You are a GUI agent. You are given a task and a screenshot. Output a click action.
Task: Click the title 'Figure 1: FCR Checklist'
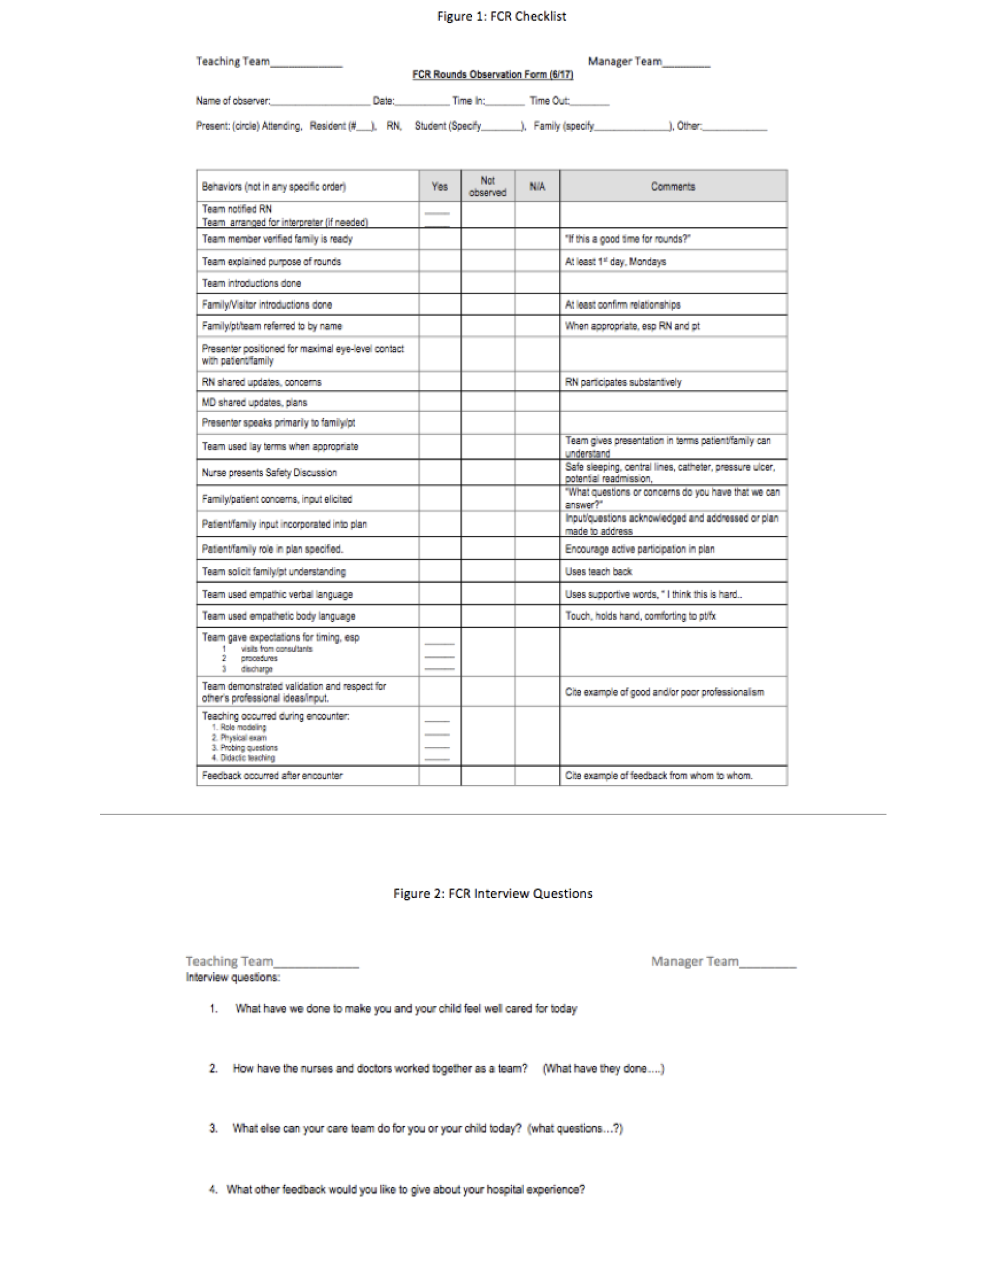point(502,16)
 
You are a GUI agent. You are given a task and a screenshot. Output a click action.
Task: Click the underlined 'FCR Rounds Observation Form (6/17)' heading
point(493,74)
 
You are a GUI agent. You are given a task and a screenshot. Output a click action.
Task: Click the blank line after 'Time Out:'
point(590,101)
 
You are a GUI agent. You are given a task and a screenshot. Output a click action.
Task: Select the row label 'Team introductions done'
point(252,283)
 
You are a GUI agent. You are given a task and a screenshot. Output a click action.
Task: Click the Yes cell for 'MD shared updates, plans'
point(440,402)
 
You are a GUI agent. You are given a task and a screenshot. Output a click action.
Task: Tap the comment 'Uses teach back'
point(598,571)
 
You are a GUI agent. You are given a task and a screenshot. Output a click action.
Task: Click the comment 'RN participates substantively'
point(623,382)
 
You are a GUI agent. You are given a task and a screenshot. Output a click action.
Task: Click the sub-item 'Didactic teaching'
point(247,758)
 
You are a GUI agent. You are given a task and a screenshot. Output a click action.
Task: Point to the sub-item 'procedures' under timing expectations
point(259,658)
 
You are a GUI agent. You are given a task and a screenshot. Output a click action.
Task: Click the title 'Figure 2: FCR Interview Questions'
point(493,893)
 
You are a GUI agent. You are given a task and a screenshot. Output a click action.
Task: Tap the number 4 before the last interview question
point(213,1189)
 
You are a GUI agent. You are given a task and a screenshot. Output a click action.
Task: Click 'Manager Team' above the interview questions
point(694,962)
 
